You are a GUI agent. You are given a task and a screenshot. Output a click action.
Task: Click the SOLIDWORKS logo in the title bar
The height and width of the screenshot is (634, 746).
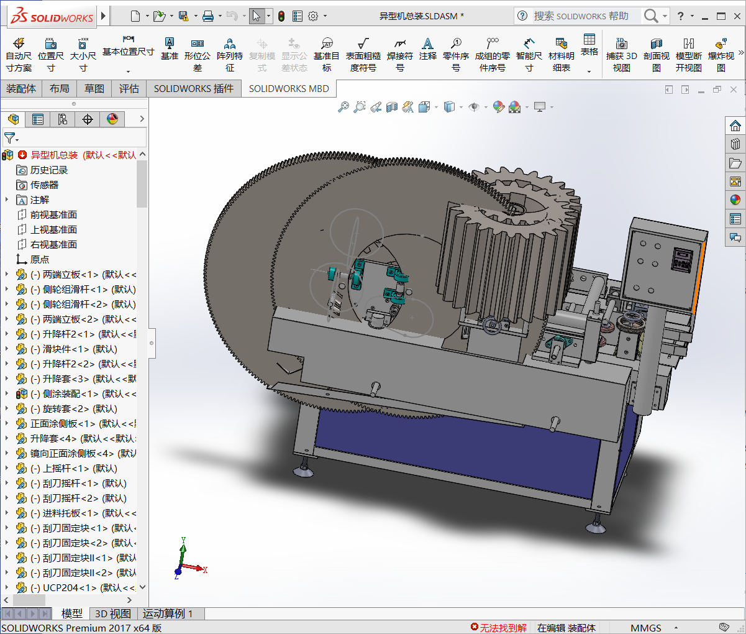(52, 16)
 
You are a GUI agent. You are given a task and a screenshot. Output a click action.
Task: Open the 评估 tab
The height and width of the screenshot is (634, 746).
(129, 89)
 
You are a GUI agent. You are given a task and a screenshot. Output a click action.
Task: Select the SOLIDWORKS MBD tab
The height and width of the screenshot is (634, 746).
(289, 89)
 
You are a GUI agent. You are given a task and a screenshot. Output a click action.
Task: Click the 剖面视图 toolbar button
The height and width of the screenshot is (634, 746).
(656, 55)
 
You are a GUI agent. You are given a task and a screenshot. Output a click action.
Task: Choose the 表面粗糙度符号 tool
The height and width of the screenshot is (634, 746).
(363, 55)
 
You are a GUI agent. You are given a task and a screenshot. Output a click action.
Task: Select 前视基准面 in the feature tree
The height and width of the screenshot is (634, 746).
(53, 215)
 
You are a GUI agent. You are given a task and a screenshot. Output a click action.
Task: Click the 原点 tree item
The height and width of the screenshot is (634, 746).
(39, 260)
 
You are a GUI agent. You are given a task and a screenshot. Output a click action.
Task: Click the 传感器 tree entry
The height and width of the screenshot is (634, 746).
(44, 185)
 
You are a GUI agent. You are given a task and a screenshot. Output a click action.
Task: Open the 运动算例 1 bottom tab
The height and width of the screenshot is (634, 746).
(168, 614)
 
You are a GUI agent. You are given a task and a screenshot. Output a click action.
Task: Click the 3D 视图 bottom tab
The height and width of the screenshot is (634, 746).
(112, 614)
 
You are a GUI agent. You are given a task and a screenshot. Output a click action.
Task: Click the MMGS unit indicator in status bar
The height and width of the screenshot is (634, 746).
(646, 628)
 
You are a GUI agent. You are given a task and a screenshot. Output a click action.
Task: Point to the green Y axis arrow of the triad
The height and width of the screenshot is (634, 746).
(183, 547)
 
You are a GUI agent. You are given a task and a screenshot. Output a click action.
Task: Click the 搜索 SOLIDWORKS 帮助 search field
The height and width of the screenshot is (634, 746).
(581, 16)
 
